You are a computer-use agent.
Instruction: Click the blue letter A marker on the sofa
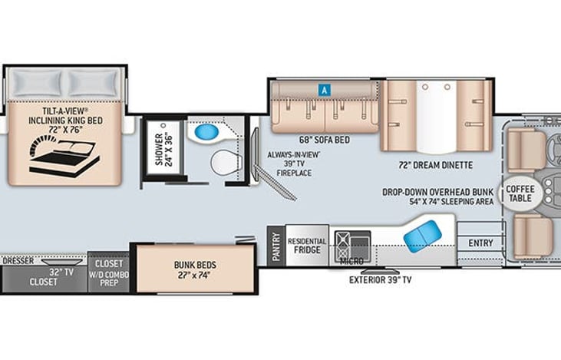pos(325,89)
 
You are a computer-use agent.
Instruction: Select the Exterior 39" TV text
pos(380,280)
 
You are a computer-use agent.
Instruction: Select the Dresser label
pos(18,261)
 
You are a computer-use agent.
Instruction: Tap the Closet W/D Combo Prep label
pos(109,272)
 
